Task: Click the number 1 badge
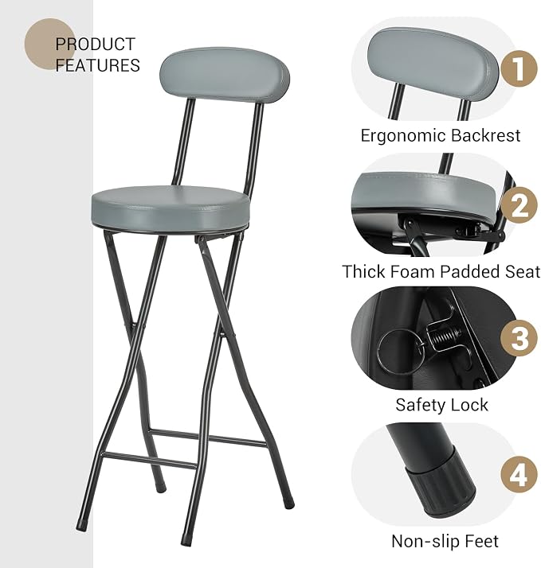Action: (519, 68)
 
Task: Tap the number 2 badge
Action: (519, 204)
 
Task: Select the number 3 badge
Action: (519, 337)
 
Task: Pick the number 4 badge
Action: (519, 474)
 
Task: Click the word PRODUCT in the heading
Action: (96, 45)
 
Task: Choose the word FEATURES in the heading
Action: (98, 65)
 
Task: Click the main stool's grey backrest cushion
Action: (225, 75)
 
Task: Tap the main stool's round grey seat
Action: (171, 208)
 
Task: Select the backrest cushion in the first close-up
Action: (433, 59)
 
